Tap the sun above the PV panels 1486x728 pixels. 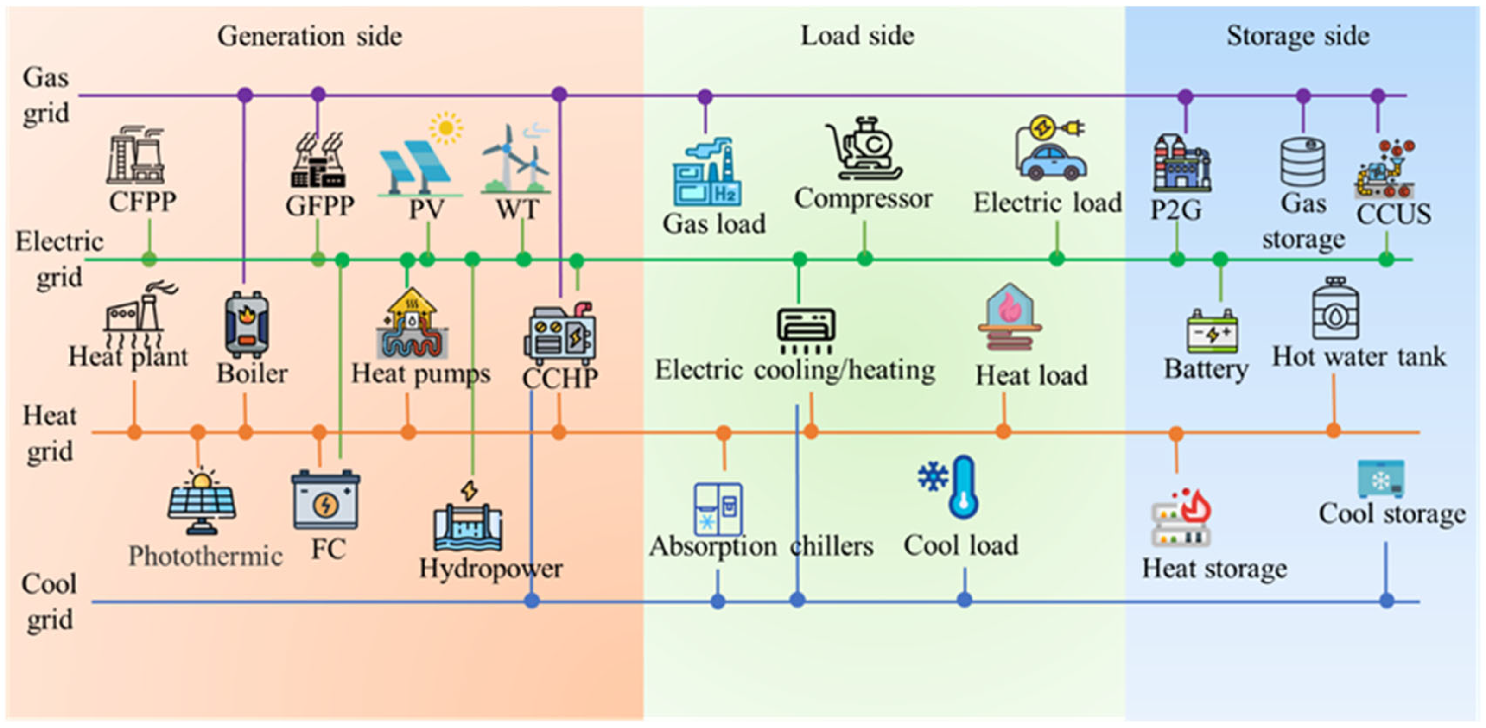coord(445,128)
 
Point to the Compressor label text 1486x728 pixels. coord(863,199)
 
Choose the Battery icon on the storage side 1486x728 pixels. coord(1212,331)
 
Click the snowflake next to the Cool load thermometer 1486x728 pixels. coord(933,476)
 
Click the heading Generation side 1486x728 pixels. coord(309,36)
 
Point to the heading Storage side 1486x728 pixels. coord(1297,36)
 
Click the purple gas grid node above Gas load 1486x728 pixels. coord(705,96)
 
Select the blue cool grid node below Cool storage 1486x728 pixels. coord(1387,601)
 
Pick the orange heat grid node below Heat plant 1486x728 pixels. coord(134,431)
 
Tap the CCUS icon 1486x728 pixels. coord(1385,170)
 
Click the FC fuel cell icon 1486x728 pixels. coord(325,500)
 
